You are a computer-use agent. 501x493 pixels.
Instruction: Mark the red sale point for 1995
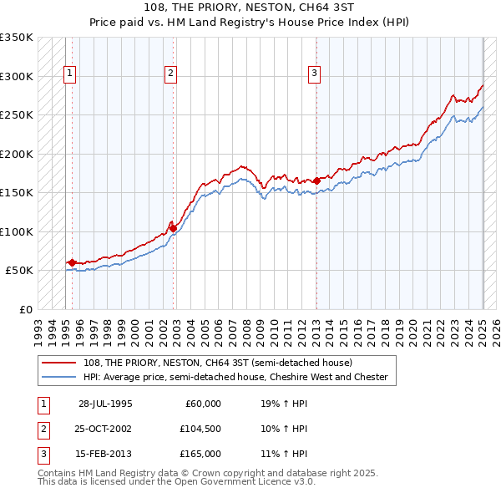[72, 262]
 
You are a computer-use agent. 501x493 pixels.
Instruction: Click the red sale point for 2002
[173, 227]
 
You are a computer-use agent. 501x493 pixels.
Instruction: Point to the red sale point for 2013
[316, 180]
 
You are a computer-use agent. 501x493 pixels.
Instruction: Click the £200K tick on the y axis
[17, 154]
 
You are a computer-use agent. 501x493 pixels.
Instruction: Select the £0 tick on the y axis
[25, 309]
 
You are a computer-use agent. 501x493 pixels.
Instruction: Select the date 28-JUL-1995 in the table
[105, 404]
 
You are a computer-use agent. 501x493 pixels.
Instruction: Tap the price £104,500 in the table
[200, 429]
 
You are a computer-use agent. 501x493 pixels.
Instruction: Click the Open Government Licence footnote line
[176, 482]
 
